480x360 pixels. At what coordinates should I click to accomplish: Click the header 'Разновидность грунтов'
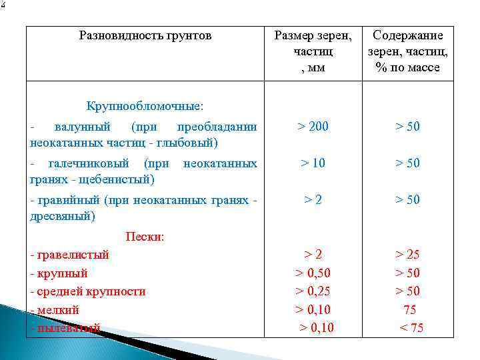pos(145,35)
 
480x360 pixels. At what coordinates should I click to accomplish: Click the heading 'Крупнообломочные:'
pos(145,106)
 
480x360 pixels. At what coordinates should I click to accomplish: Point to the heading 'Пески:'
pos(145,237)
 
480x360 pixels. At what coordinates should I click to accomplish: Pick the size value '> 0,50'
pos(313,273)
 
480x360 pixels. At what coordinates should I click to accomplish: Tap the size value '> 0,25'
pos(313,291)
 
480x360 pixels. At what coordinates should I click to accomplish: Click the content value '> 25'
pos(407,255)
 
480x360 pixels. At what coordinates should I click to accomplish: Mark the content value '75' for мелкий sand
pos(409,309)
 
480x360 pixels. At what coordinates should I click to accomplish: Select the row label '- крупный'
pos(59,273)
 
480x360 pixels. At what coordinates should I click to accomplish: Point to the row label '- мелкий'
pos(55,309)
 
